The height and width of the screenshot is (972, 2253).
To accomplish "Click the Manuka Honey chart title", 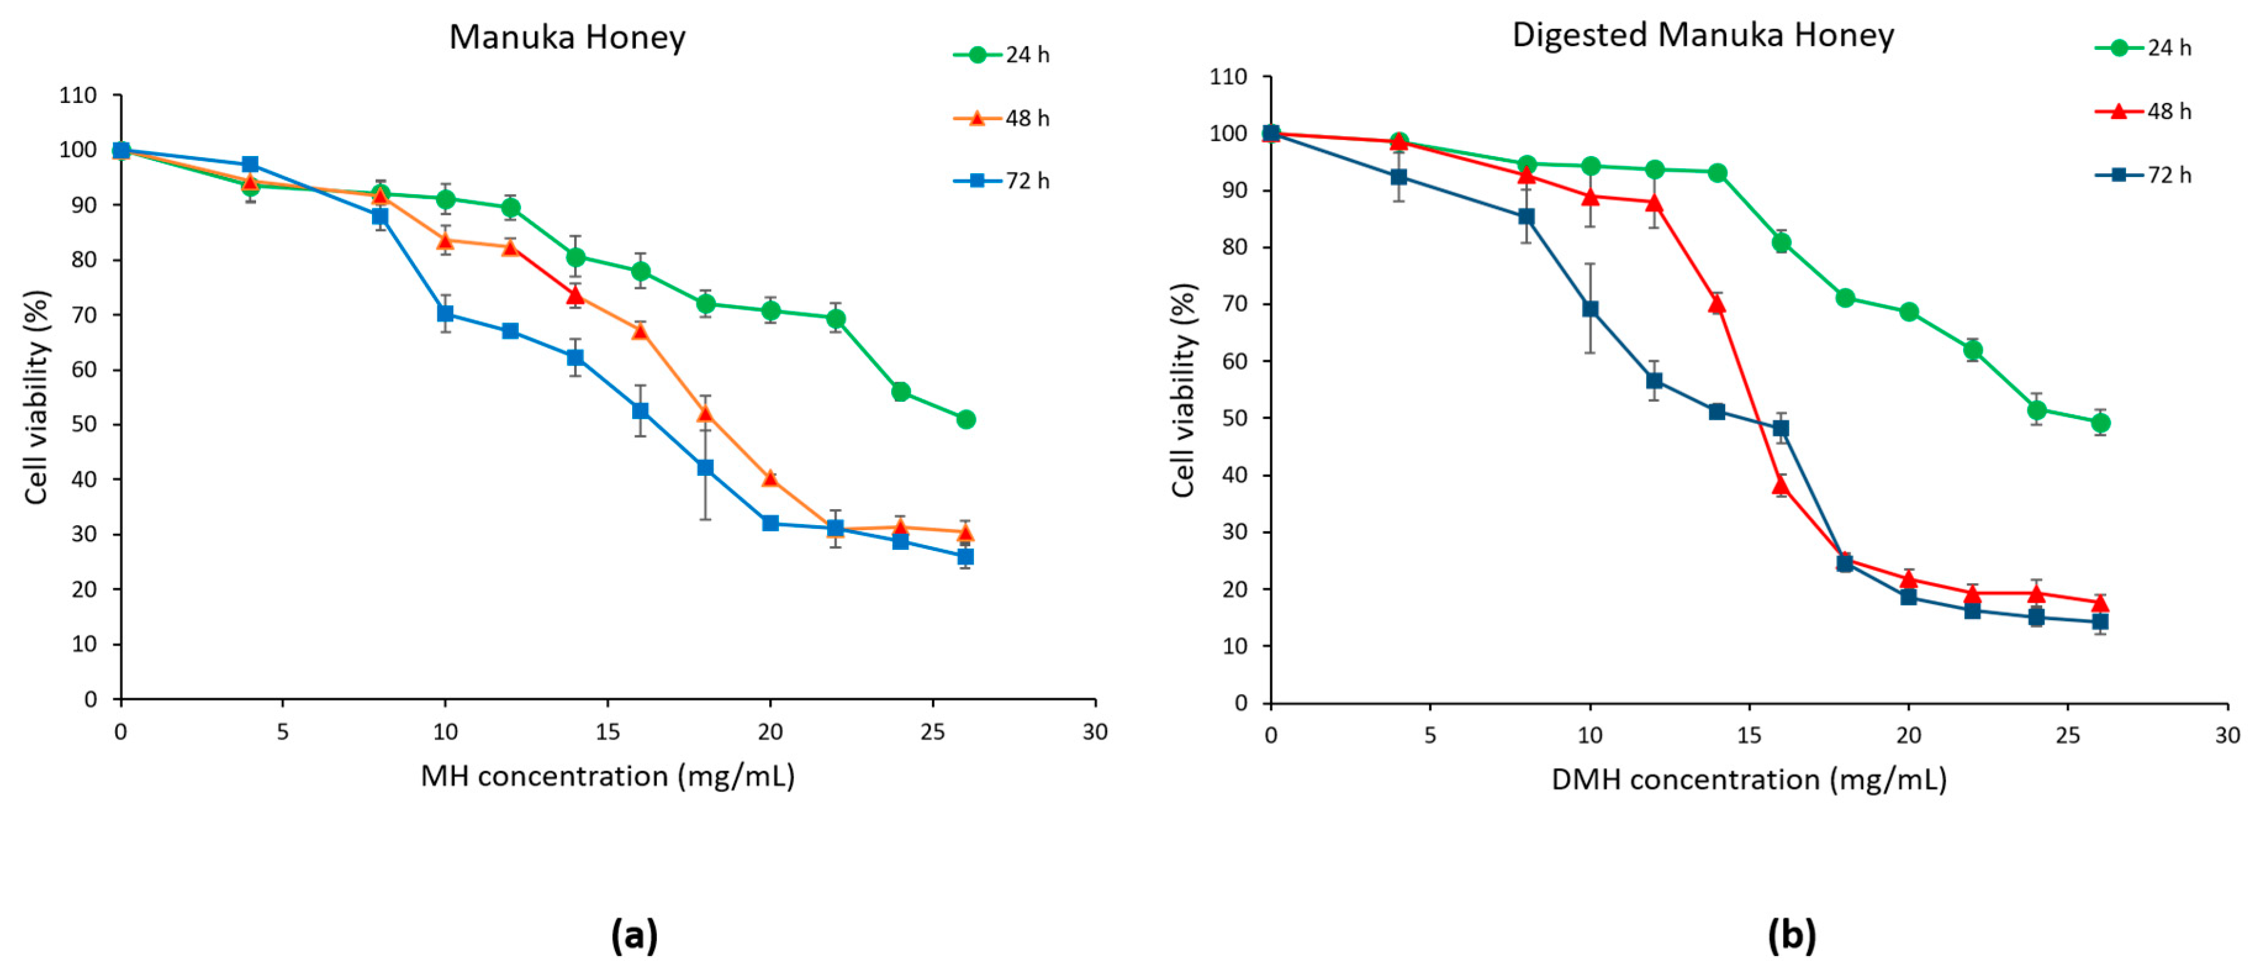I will (567, 38).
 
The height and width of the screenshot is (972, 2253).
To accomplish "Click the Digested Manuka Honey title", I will (1702, 35).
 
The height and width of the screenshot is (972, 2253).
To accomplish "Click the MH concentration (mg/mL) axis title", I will (608, 776).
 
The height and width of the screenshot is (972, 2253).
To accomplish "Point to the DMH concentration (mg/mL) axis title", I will (1749, 780).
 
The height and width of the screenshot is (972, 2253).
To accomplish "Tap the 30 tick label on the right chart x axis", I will (2226, 735).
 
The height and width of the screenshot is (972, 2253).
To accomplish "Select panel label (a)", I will (634, 935).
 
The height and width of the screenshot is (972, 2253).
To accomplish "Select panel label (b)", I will (1791, 935).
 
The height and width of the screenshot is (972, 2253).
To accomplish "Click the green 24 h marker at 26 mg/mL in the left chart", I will (966, 420).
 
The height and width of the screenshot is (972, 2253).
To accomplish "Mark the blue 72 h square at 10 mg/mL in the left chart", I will (445, 314).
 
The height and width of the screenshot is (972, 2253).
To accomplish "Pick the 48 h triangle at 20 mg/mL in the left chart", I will (770, 478).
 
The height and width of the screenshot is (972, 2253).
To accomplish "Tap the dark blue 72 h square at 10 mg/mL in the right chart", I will (1590, 309).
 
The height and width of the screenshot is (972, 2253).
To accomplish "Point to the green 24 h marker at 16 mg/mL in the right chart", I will (1781, 243).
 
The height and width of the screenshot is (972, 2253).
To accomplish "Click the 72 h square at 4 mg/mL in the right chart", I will (1399, 176).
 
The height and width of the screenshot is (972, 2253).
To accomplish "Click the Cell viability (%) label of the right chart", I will (1184, 391).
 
